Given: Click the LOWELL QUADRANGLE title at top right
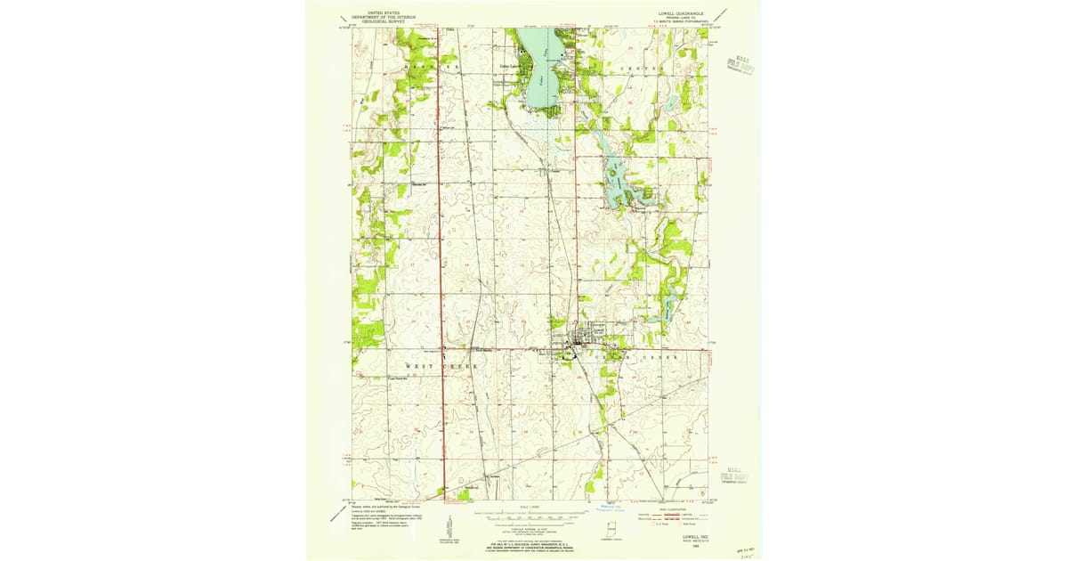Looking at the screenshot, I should [682, 13].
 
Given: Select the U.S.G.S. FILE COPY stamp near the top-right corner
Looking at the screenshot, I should [736, 64].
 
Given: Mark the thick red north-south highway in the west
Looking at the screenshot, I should [442, 267].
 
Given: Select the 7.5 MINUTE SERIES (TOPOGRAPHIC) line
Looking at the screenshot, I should [683, 22].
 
